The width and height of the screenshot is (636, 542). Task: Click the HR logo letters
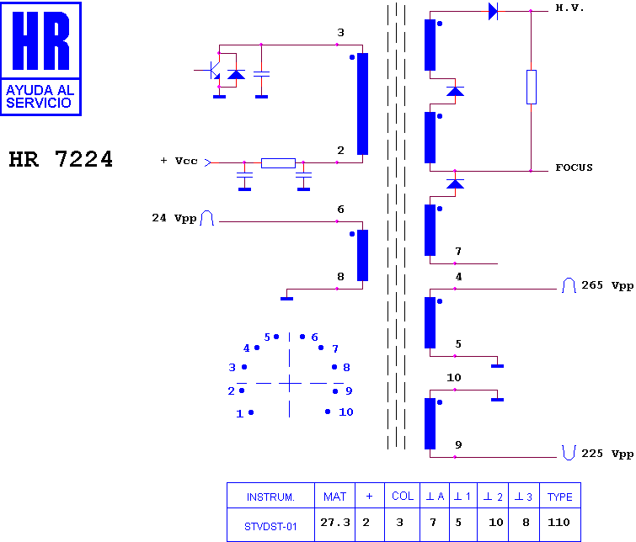click(41, 40)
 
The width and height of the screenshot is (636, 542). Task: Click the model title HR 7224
click(61, 159)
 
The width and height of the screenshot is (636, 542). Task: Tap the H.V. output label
click(569, 8)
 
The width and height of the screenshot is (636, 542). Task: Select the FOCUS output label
click(574, 167)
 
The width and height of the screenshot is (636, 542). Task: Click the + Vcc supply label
click(179, 161)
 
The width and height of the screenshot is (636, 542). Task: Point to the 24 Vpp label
click(174, 218)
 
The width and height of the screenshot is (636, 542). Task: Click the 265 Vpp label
click(607, 285)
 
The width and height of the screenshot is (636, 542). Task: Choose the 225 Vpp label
click(607, 454)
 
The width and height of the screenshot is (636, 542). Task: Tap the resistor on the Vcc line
click(278, 163)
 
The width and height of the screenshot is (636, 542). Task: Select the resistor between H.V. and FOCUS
click(532, 88)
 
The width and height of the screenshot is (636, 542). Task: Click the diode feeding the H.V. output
click(494, 11)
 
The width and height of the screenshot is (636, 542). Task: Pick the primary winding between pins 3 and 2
click(362, 104)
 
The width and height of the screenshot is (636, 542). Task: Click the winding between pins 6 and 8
click(362, 255)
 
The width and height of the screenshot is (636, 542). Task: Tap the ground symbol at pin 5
click(497, 366)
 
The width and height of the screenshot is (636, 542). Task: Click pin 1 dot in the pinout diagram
click(251, 412)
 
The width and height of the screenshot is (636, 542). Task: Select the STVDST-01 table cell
click(270, 525)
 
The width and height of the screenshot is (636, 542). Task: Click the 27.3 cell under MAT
click(335, 523)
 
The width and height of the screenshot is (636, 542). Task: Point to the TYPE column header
click(559, 497)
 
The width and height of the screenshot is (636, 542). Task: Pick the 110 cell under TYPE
click(559, 523)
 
